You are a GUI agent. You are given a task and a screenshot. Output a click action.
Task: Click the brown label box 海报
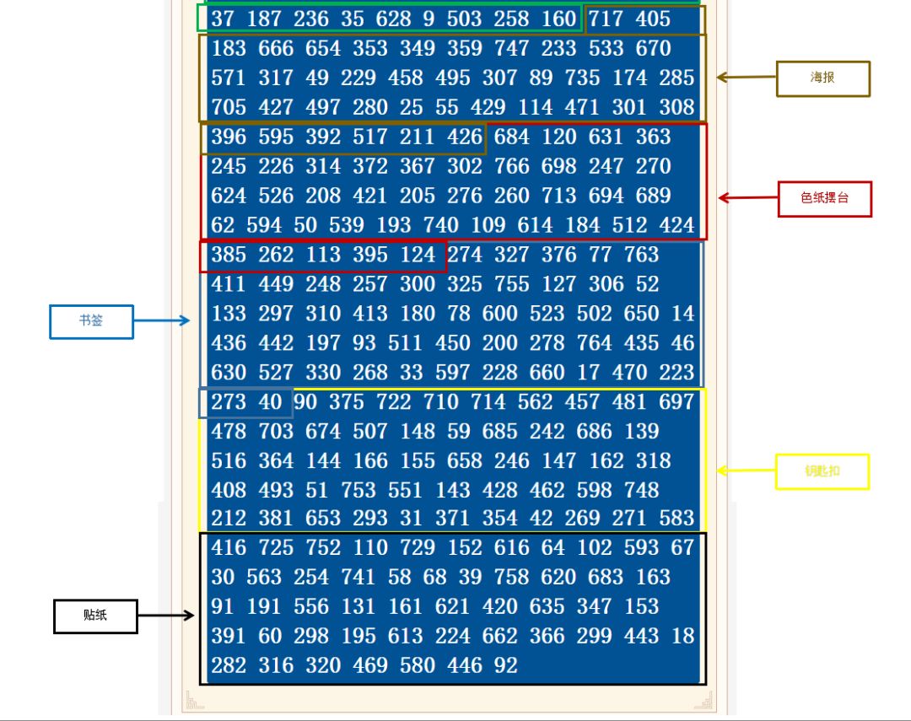click(822, 78)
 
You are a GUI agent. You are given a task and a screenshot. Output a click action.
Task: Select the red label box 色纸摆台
click(824, 199)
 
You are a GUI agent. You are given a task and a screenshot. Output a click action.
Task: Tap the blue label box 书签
click(91, 321)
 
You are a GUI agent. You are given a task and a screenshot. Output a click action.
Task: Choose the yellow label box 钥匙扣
click(822, 471)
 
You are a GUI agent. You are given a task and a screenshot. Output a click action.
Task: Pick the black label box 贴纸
click(95, 616)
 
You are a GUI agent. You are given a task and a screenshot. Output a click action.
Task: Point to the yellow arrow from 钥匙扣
click(746, 471)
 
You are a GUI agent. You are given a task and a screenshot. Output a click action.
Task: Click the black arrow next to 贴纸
click(165, 616)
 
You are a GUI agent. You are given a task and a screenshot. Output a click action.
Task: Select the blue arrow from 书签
click(162, 320)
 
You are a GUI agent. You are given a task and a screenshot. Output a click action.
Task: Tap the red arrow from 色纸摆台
click(747, 198)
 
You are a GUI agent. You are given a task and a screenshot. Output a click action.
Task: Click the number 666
click(276, 49)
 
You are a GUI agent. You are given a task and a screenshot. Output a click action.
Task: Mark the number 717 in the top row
click(606, 19)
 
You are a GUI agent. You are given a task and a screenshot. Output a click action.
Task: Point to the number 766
click(512, 166)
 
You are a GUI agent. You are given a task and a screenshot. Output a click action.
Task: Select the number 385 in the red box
click(229, 255)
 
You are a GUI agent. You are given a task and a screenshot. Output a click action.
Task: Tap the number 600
click(500, 314)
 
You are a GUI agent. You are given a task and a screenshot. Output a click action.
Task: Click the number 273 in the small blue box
click(229, 402)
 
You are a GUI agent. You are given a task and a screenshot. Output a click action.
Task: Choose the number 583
click(677, 518)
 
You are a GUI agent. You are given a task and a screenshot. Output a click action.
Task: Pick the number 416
click(229, 548)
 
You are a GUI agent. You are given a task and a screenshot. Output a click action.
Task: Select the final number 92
click(505, 665)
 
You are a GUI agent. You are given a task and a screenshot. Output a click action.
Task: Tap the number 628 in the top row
click(394, 19)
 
